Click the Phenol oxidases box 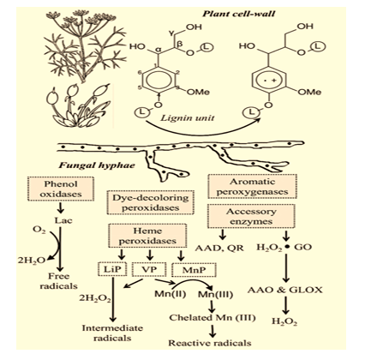tap(61, 189)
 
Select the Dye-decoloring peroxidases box tap(151, 202)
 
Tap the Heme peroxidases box tap(147, 236)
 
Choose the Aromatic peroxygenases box tap(252, 186)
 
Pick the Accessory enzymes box tap(251, 216)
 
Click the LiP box tap(112, 269)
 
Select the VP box tap(149, 269)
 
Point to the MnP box tap(194, 270)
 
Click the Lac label tap(63, 220)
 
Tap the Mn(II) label tap(171, 293)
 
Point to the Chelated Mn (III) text tap(212, 317)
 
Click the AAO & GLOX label tap(284, 290)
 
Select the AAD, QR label tap(219, 248)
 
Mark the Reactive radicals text tap(210, 343)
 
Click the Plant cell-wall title tap(239, 14)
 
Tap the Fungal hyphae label tap(97, 165)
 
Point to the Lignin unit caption tap(187, 117)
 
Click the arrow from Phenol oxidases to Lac tap(60, 208)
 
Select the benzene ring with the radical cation tap(270, 81)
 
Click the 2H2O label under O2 tap(32, 261)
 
